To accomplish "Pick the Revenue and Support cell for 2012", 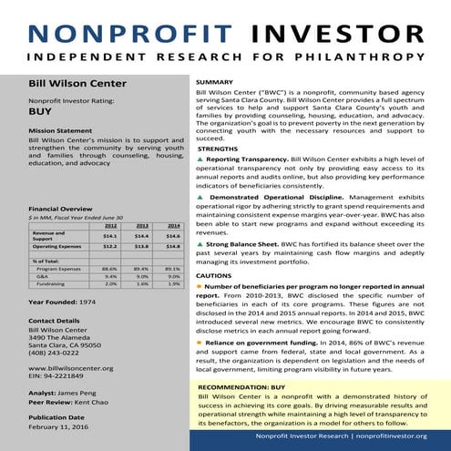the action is pyautogui.click(x=109, y=235).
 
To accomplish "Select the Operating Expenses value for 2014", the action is pyautogui.click(x=172, y=246).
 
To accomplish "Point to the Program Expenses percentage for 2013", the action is pyautogui.click(x=141, y=269).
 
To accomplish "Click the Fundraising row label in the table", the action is pyautogui.click(x=50, y=283).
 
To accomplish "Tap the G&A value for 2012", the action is pyautogui.click(x=109, y=276).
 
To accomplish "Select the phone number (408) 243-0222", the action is pyautogui.click(x=58, y=354).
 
